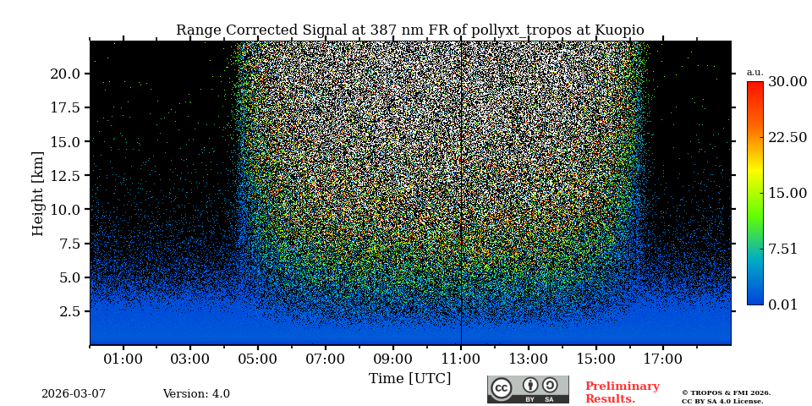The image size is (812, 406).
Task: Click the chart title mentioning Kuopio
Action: [x=409, y=30]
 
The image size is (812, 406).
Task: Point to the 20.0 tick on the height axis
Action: [x=65, y=74]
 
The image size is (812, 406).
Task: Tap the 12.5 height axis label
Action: [x=65, y=175]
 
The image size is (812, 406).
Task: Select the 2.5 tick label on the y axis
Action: [x=69, y=311]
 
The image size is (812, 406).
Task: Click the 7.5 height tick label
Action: [x=69, y=244]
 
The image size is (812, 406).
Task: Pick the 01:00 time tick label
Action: [x=123, y=359]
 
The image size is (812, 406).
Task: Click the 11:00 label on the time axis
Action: [x=460, y=359]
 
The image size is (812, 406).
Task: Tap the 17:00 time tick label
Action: [x=662, y=359]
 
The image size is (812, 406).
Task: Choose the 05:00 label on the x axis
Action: [x=257, y=359]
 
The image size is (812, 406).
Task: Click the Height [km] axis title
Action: [x=38, y=193]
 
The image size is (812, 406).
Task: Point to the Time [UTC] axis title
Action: [x=409, y=378]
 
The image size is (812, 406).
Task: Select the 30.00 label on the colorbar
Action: [x=787, y=82]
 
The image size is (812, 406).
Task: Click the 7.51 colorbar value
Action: [x=782, y=249]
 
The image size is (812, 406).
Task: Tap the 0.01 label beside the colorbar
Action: [x=782, y=304]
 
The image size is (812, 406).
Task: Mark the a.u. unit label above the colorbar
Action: [x=754, y=73]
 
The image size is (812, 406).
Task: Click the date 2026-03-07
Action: [x=74, y=394]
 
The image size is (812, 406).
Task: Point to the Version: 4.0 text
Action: [x=196, y=394]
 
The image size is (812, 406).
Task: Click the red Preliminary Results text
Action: [x=622, y=392]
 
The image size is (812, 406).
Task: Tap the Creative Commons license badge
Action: [x=528, y=389]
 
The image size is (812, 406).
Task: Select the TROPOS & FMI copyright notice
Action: [x=726, y=397]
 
